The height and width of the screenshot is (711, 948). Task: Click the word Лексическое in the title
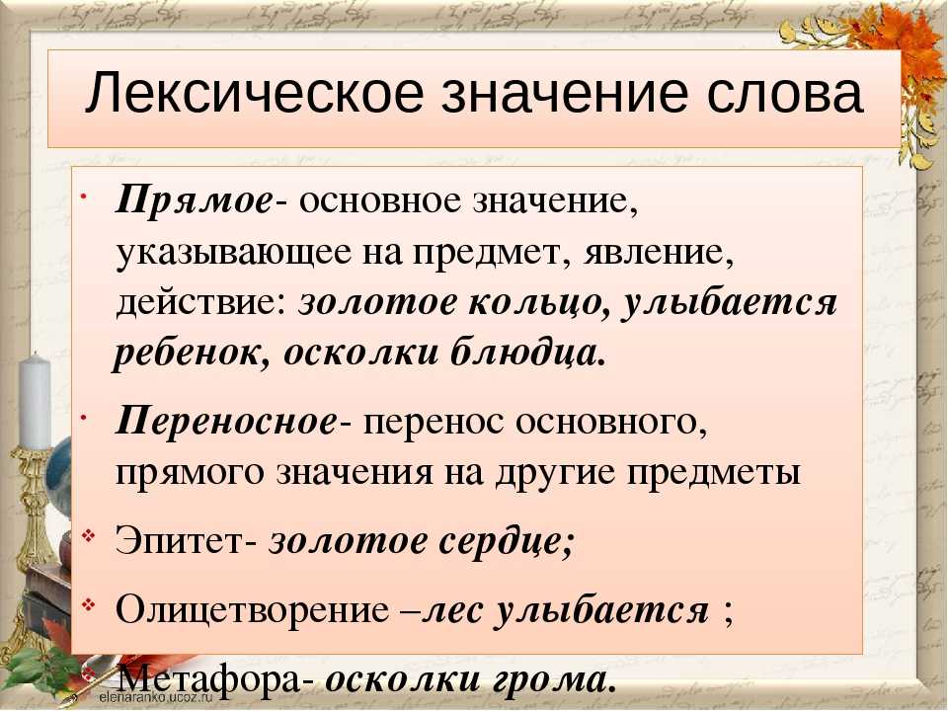255,93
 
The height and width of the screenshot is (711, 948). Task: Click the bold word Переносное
226,420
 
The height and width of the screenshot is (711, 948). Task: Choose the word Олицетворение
253,610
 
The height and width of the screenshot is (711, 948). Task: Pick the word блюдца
524,354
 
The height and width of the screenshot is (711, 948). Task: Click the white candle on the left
36,401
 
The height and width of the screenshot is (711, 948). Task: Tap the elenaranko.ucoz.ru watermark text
157,696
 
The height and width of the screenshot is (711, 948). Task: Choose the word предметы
713,473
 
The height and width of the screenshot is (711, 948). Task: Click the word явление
659,252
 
